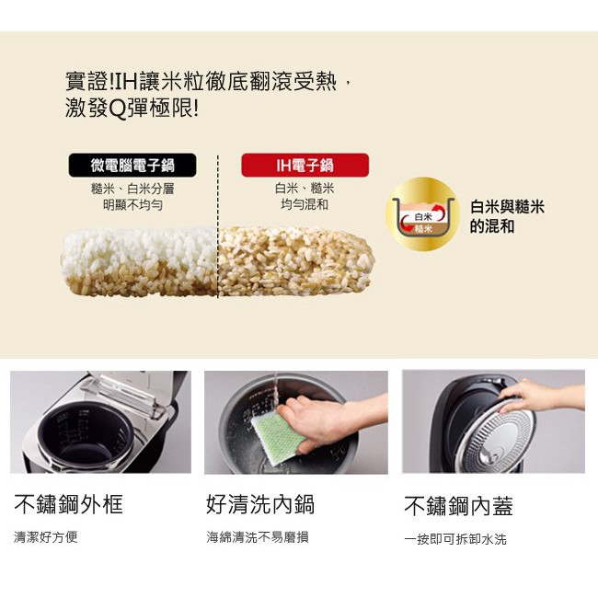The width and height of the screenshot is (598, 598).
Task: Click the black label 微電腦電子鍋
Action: (x=132, y=165)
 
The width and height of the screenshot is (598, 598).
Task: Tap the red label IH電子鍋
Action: (x=305, y=165)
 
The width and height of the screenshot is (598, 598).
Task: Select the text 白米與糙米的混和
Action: (x=507, y=216)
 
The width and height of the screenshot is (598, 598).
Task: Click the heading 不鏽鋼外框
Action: (x=69, y=503)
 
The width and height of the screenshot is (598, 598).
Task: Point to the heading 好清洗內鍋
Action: (x=260, y=504)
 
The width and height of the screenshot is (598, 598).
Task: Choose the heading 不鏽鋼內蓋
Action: (x=459, y=506)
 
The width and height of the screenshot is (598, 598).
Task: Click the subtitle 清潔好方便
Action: (x=46, y=537)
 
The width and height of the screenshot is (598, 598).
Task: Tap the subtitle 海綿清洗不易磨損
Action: (x=258, y=537)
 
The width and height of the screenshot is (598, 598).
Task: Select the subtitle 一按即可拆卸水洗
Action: (x=455, y=539)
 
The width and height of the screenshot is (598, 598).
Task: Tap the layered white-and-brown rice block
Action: (x=139, y=261)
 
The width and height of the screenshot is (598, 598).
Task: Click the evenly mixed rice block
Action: (x=296, y=261)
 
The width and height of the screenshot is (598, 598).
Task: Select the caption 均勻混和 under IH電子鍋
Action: (x=305, y=205)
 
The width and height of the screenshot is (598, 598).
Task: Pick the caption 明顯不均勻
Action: (x=132, y=205)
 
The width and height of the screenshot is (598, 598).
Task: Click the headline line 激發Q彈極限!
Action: (x=132, y=109)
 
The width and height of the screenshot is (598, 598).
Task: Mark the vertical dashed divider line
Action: (x=218, y=226)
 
